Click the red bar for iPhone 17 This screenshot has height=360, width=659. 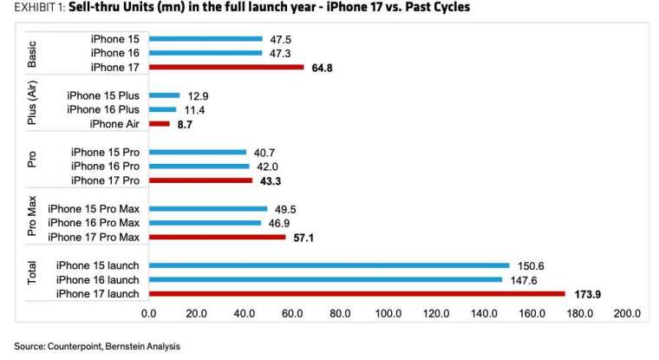click(226, 68)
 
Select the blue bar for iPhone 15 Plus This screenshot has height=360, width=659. click(165, 95)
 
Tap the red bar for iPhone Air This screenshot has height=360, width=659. click(160, 124)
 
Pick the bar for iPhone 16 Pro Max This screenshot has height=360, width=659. click(205, 223)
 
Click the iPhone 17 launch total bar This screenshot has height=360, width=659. click(357, 293)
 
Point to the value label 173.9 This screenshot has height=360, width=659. click(588, 294)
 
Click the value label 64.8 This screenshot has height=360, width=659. click(322, 69)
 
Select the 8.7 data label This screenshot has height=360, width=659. click(185, 125)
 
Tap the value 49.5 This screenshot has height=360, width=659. click(285, 209)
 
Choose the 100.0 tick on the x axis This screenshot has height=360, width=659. click(388, 314)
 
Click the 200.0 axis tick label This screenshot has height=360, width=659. click(627, 314)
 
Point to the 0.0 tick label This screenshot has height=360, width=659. click(149, 314)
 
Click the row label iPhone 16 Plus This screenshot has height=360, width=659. click(103, 110)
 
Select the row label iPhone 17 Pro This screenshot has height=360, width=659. click(105, 180)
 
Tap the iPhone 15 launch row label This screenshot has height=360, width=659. click(97, 265)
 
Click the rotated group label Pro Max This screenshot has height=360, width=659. click(32, 216)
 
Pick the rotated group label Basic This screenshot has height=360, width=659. click(32, 55)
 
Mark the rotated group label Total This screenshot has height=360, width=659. click(32, 272)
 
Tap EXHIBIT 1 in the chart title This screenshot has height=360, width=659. click(40, 7)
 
